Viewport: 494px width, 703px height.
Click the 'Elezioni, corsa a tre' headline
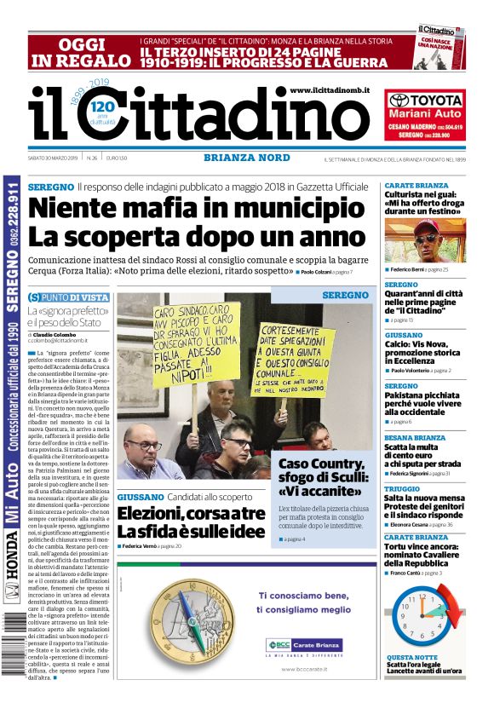point(191,522)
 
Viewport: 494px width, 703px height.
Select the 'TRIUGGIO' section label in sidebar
point(402,488)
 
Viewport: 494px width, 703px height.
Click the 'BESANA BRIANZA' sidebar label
point(416,438)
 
